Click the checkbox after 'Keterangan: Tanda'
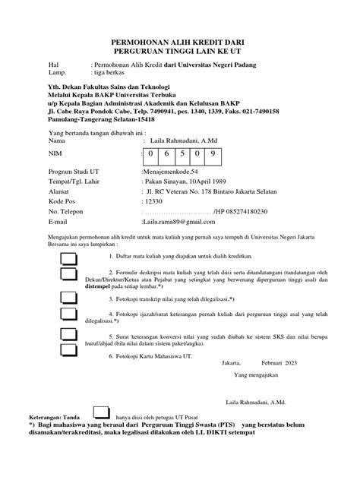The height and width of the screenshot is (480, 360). pyautogui.click(x=100, y=413)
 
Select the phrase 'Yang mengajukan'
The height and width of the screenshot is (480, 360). pyautogui.click(x=257, y=375)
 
